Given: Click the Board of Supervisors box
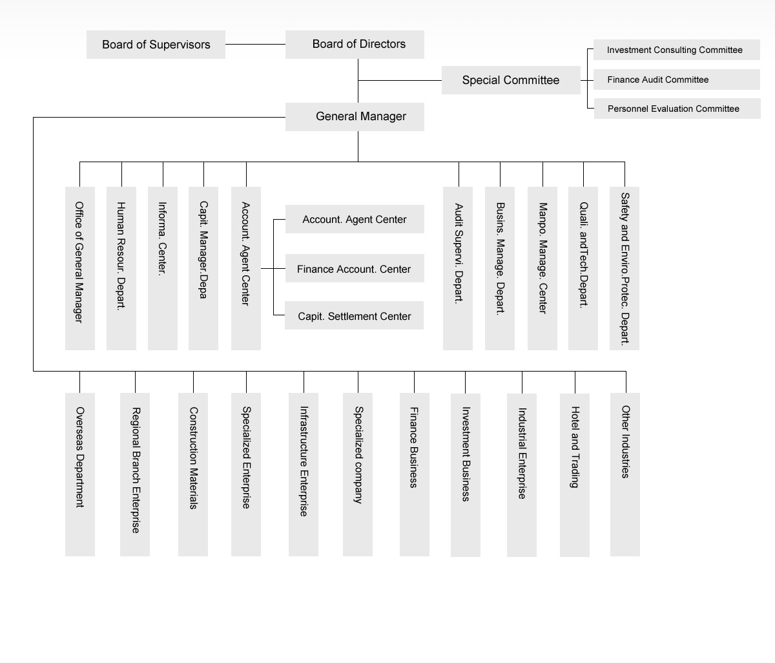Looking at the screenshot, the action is [156, 45].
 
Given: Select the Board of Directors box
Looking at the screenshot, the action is [355, 45].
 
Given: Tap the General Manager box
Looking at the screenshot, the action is [355, 117].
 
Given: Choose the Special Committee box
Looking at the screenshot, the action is [511, 80].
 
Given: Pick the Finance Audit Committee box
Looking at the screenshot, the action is [676, 79].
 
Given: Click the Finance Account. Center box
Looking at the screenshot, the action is [355, 268].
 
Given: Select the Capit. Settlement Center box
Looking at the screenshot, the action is [355, 315].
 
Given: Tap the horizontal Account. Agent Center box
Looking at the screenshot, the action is [355, 219].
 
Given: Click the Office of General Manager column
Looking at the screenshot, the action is [80, 269].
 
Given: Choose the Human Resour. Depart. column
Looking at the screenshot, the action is [121, 269].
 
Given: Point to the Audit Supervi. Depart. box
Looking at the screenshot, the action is [458, 269].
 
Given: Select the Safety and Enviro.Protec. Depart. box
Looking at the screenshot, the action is [625, 269].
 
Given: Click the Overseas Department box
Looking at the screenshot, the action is [80, 475].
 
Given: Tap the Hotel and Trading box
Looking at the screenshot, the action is [575, 476].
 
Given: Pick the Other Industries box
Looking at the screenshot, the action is [625, 475].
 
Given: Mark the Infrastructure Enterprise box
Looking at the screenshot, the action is [304, 475].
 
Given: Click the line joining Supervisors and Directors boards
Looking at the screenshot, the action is [255, 45].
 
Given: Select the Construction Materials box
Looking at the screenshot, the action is [193, 475].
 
